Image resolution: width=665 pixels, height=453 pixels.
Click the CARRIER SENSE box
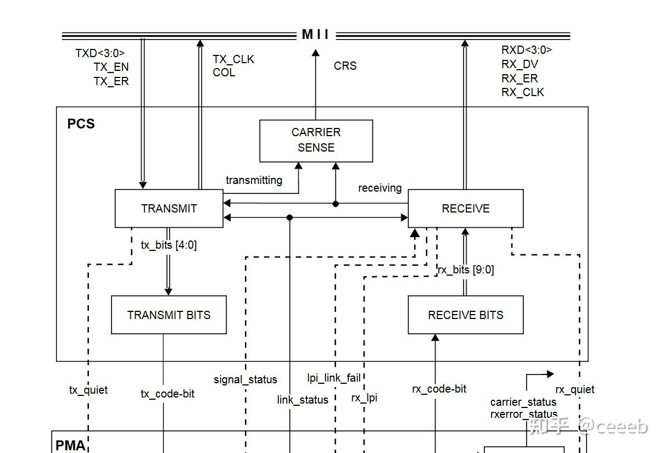click(x=316, y=141)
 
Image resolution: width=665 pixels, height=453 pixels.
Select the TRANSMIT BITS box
click(x=169, y=315)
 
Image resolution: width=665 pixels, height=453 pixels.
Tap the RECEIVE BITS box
click(x=465, y=315)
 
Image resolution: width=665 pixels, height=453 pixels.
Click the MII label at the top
click(x=316, y=35)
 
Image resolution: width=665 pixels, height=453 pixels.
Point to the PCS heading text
click(x=81, y=124)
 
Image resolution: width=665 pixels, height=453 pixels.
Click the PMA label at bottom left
click(x=70, y=445)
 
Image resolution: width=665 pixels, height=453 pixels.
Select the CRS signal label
click(x=345, y=66)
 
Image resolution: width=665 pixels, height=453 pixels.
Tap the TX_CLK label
click(x=233, y=59)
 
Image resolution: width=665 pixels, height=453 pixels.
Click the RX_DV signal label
click(x=519, y=64)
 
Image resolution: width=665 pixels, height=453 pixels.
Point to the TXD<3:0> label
click(x=100, y=53)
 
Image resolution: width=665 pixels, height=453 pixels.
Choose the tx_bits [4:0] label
click(x=169, y=245)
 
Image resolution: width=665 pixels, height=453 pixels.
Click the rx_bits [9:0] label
click(x=466, y=270)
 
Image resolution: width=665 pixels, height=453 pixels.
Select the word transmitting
click(x=254, y=180)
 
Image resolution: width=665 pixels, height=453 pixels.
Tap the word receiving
click(x=379, y=188)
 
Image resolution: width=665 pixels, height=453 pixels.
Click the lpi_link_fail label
click(x=333, y=378)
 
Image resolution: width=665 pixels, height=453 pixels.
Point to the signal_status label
click(x=245, y=379)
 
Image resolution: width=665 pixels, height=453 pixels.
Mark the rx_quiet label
click(x=574, y=389)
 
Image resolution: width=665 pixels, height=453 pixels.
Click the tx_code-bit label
click(x=167, y=394)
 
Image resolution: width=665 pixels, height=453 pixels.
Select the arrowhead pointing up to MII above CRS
click(x=316, y=53)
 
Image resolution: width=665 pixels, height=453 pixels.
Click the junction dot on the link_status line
click(x=289, y=218)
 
